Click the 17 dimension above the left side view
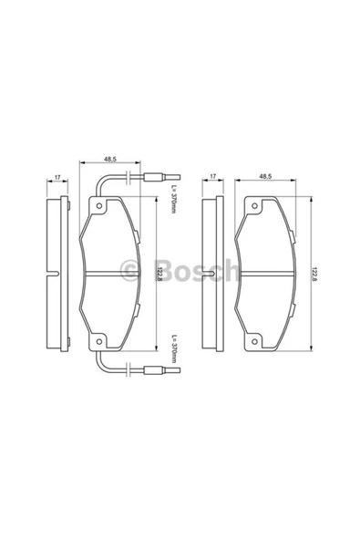57,178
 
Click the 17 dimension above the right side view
212,176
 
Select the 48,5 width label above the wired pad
110,159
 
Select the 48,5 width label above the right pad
265,176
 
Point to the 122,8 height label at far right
314,274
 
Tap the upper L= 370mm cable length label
173,200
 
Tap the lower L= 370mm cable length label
173,348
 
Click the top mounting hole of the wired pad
99,206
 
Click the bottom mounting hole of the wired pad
99,342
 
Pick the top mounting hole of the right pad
254,206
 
